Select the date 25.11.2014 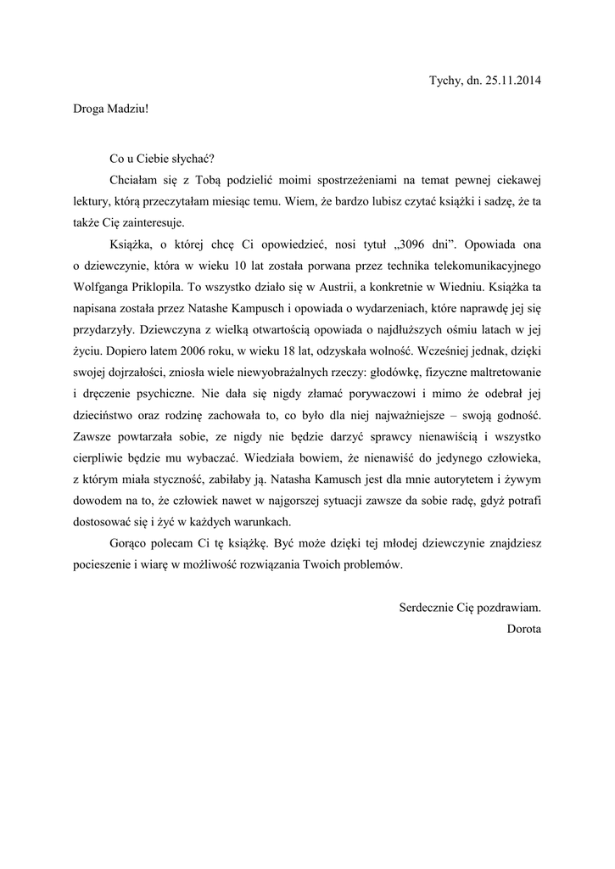[x=513, y=81]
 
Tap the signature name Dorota [x=523, y=629]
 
